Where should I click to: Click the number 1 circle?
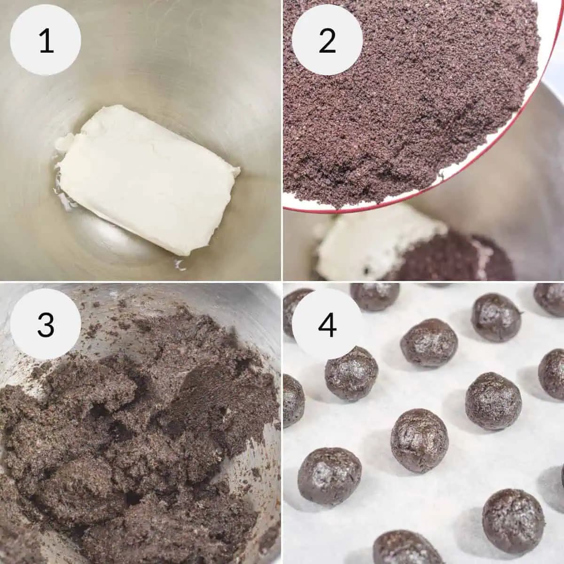(46, 41)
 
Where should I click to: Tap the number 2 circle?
(327, 41)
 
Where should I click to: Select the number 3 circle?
(46, 324)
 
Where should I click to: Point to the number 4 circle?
(327, 324)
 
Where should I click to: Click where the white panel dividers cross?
(282, 282)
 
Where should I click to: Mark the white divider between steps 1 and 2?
(282, 141)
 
